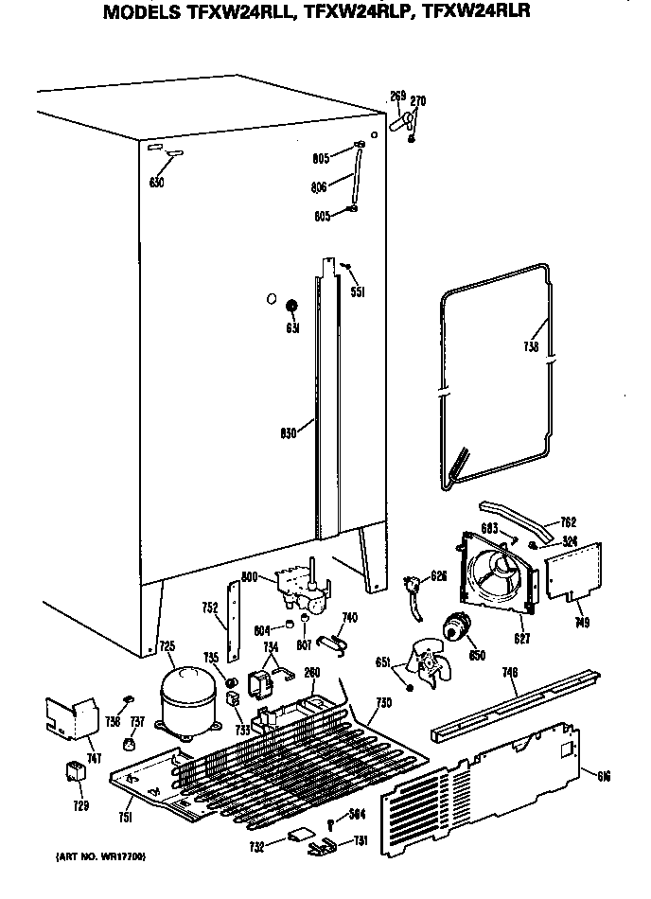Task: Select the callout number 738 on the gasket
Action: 532,347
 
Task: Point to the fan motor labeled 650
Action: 460,626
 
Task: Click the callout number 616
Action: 604,777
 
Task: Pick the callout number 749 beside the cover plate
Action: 583,621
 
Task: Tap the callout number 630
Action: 157,182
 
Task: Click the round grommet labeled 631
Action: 292,306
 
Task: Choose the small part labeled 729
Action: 71,772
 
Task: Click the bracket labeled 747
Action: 73,718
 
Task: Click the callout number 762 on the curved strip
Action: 568,521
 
